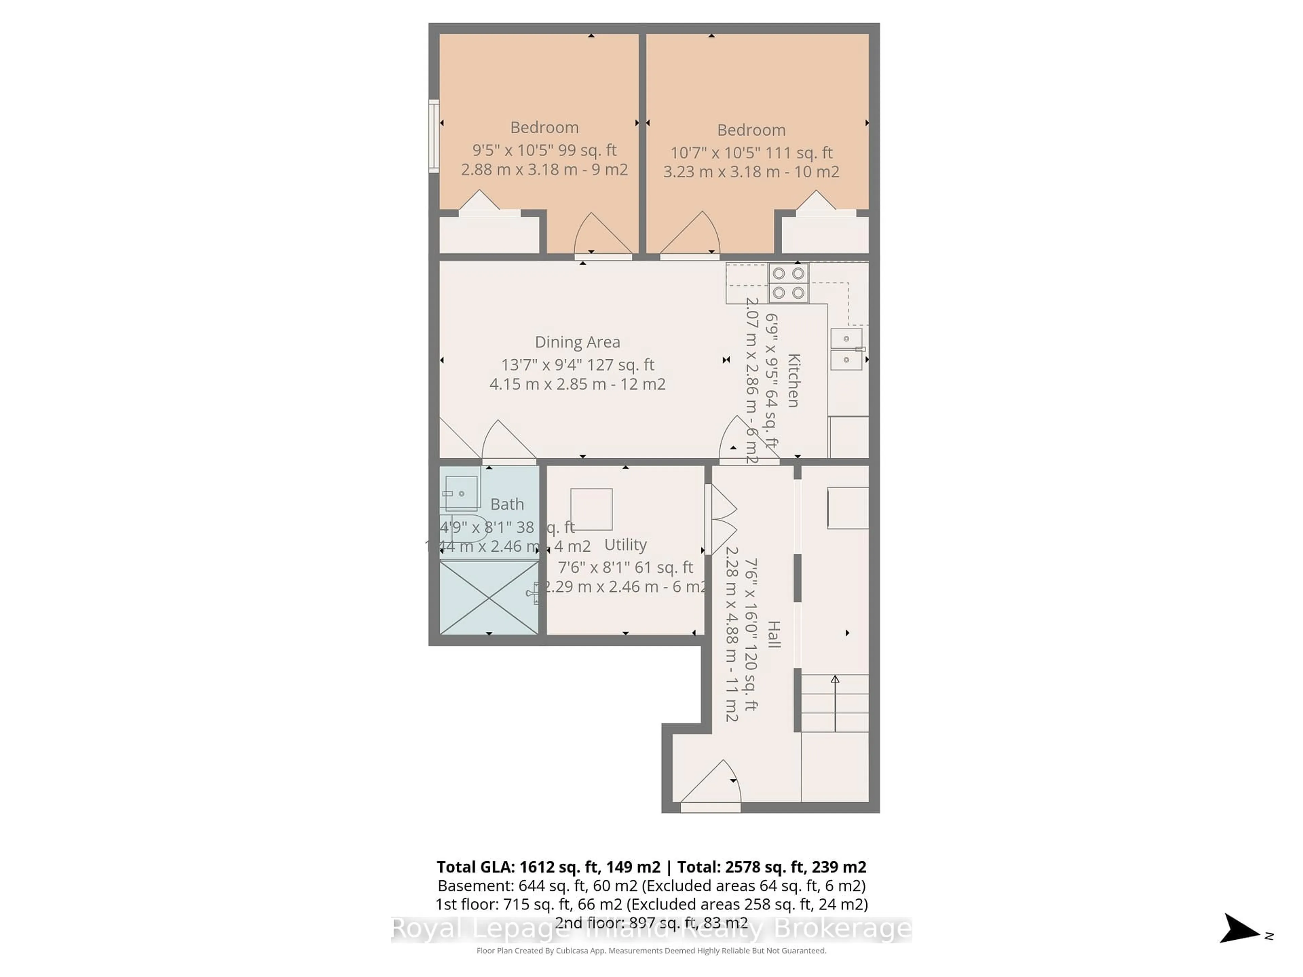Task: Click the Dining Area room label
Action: tap(577, 342)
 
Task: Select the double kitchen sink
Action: tap(846, 349)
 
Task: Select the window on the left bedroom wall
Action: tap(434, 136)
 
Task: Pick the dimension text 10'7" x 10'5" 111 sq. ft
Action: tap(751, 153)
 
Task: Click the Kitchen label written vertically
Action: tap(793, 380)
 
